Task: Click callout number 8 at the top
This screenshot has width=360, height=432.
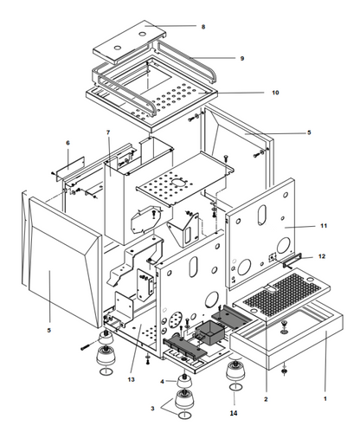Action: [203, 27]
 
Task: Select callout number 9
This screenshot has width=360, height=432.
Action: [242, 58]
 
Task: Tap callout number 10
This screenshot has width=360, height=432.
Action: [275, 93]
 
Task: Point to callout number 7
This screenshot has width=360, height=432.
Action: [108, 132]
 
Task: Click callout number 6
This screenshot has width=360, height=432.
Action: [67, 143]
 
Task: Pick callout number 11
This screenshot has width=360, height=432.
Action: [324, 226]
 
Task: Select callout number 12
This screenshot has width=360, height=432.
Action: [322, 256]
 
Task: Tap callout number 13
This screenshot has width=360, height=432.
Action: [131, 379]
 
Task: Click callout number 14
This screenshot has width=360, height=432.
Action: [234, 413]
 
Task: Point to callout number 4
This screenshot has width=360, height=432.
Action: [162, 382]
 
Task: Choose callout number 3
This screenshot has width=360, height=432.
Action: [152, 409]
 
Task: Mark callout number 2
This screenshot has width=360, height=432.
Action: [266, 399]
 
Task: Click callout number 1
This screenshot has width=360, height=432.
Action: [325, 399]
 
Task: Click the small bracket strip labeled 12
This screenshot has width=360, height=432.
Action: [292, 260]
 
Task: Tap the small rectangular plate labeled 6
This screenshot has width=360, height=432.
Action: [70, 168]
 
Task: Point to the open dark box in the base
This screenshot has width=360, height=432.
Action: [210, 332]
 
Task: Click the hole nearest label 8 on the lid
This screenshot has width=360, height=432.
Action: [143, 35]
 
